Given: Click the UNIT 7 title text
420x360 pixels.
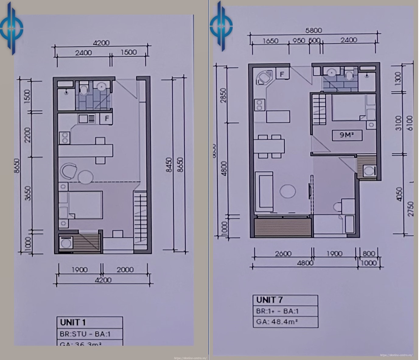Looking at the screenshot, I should coord(269,300).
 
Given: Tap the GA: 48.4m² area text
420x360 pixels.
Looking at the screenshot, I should coord(277,321).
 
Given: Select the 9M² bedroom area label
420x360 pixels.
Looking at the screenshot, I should coord(346,135).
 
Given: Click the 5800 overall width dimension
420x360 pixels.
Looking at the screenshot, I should coord(313,30).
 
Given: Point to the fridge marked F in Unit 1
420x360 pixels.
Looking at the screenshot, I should coord(107,118).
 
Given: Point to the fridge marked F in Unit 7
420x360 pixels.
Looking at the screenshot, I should coord(282,74).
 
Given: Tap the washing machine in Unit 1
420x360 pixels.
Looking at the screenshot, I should coord(65,243).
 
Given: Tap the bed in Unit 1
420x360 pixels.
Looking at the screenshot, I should coord(85,204).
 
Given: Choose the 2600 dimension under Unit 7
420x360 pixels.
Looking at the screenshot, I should coord(283,254).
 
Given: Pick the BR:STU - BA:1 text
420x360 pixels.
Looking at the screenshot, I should coord(85,334).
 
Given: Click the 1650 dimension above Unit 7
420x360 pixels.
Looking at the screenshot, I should coord(268,41).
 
